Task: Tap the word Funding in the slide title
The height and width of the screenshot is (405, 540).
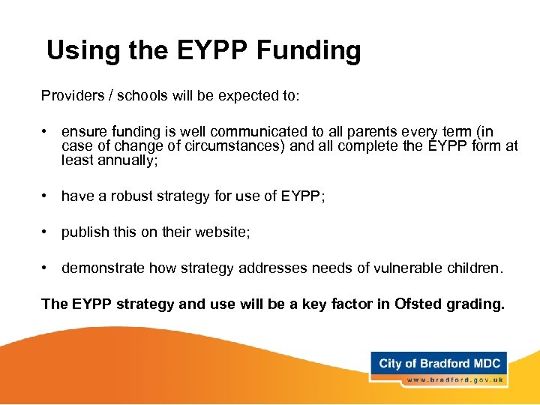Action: click(309, 51)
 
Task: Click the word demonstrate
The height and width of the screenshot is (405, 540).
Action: click(103, 268)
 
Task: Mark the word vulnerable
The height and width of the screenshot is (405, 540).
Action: click(418, 268)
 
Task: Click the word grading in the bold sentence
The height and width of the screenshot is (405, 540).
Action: click(478, 304)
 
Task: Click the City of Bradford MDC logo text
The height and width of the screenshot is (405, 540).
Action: click(439, 364)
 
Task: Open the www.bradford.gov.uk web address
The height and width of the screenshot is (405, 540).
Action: click(454, 380)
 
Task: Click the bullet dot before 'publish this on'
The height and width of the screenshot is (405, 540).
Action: click(46, 233)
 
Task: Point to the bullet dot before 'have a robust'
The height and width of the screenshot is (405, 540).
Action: click(46, 196)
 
